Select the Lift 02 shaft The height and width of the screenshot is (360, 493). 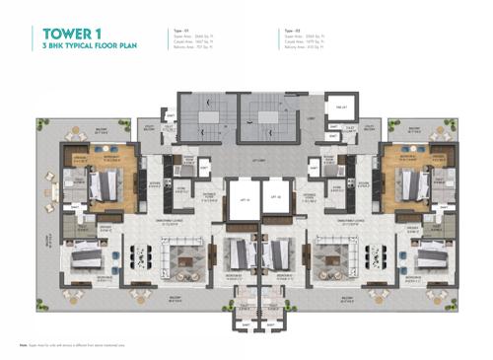(x=271, y=199)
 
